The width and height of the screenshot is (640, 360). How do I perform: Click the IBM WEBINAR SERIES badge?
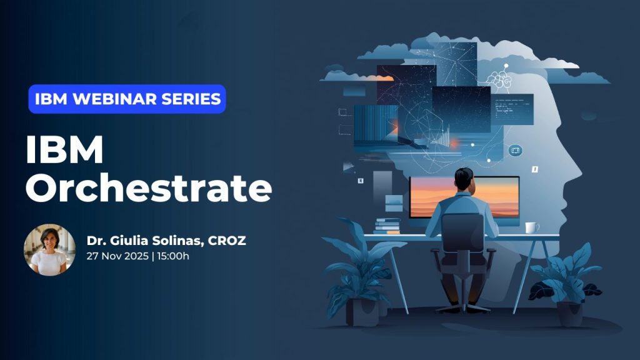pyautogui.click(x=127, y=99)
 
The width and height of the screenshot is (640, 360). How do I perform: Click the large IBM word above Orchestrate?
pyautogui.click(x=64, y=151)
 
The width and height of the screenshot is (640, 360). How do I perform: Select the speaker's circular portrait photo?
pyautogui.click(x=49, y=249)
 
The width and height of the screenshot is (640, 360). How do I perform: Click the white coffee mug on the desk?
pyautogui.click(x=531, y=227)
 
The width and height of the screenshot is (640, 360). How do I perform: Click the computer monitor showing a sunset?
pyautogui.click(x=464, y=197)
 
